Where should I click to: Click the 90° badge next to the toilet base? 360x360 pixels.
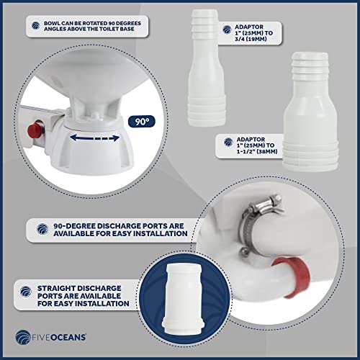142,122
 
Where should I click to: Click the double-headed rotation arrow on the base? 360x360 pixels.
94,138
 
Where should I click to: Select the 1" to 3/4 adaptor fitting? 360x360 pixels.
206,68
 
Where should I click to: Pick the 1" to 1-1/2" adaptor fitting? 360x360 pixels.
310,112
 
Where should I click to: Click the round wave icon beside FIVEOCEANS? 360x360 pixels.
23,337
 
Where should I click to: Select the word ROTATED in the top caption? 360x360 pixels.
93,23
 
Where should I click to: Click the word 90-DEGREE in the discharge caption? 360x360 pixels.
74,226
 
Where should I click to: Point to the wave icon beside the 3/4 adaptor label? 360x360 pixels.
227,30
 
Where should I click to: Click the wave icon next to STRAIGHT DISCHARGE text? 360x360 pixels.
26,292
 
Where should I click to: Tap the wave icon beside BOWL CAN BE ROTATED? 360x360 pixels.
36,25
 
